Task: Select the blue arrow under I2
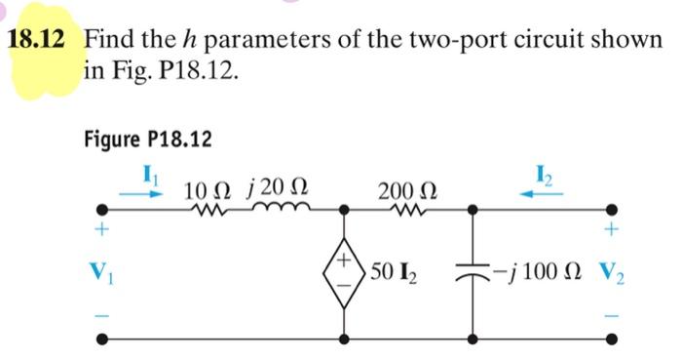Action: tap(540, 193)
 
